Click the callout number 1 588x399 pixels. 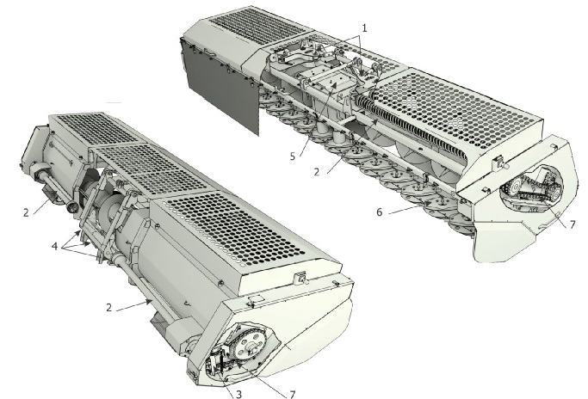[x=364, y=28]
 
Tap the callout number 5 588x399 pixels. [x=293, y=156]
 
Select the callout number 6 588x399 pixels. [x=380, y=212]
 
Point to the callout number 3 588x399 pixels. [x=238, y=394]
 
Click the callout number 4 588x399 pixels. [x=55, y=246]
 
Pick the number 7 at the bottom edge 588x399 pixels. [x=293, y=394]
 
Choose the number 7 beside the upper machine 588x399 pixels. [x=573, y=224]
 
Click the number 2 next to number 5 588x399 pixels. [x=317, y=172]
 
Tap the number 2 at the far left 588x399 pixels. [x=26, y=212]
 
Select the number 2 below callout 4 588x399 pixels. [x=109, y=307]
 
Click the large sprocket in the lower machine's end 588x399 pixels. [x=251, y=342]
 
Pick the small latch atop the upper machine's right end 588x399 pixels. [x=499, y=162]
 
